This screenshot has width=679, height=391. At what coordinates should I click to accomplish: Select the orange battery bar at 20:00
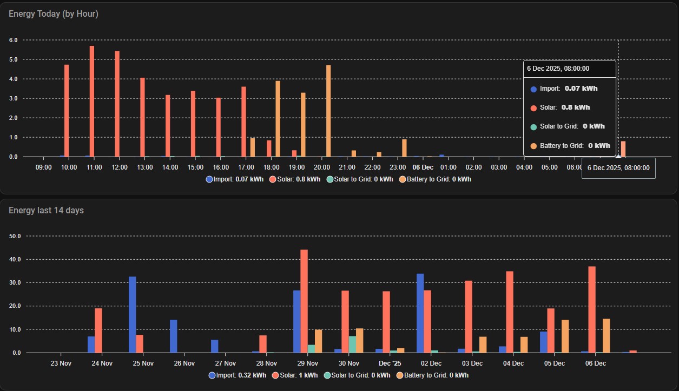[328, 111]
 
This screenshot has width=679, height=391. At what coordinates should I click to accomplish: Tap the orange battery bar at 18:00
[278, 119]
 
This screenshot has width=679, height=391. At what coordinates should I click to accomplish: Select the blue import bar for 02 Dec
[420, 313]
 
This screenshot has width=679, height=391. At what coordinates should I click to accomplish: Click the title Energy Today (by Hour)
[54, 14]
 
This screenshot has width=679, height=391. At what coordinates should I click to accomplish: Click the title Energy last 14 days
[46, 210]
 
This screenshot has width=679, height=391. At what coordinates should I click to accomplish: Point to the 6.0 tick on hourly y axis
[14, 40]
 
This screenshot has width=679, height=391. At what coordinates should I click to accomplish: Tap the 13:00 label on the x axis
[144, 167]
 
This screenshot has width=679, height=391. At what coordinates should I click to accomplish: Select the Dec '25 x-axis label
[390, 363]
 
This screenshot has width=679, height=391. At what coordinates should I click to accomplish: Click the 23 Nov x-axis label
[61, 363]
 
